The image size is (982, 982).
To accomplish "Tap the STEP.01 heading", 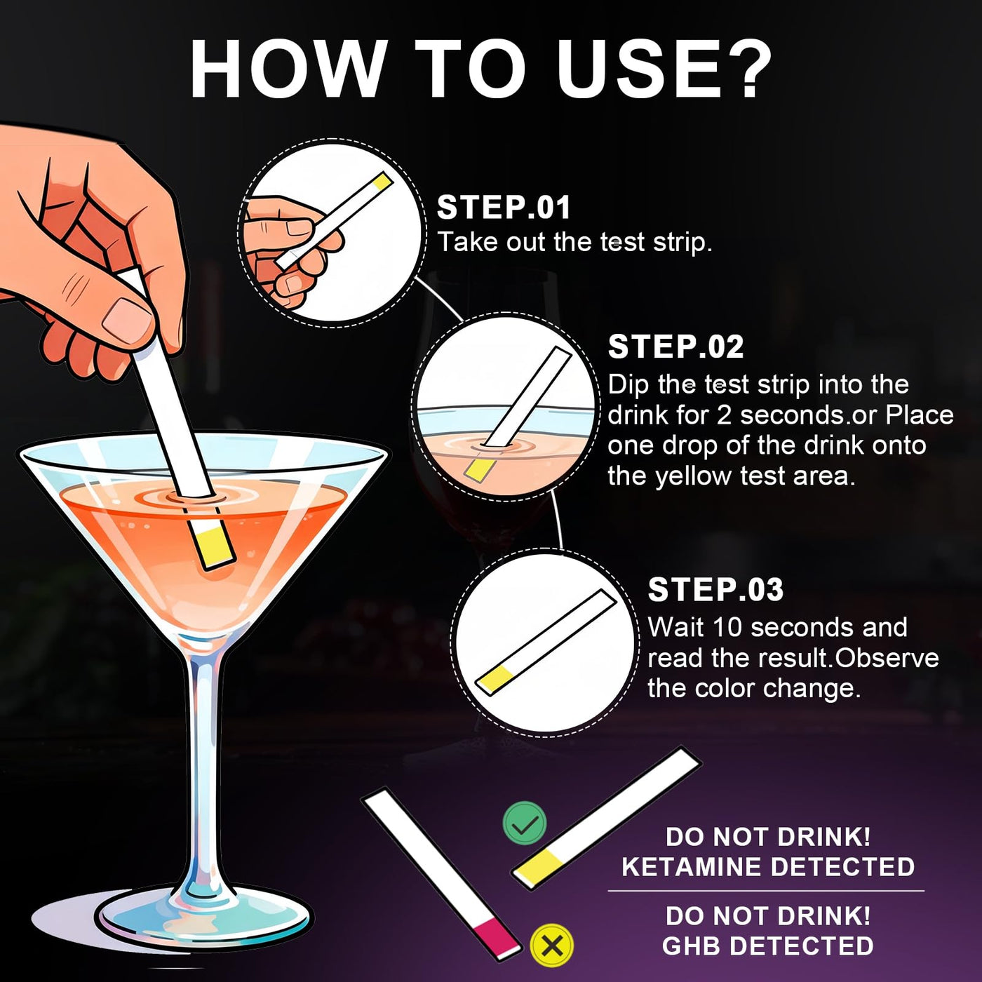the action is (x=504, y=208).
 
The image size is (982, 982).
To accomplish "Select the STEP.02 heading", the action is (x=675, y=347).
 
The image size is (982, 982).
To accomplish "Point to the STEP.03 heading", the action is (x=715, y=590).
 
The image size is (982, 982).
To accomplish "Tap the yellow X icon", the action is (x=551, y=946).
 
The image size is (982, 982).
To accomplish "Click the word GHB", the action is (x=689, y=946).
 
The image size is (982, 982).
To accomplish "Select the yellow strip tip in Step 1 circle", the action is (x=383, y=181).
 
